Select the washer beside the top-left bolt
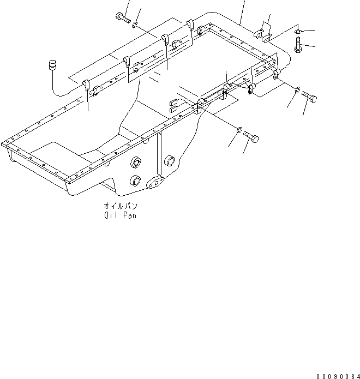tap(135, 24)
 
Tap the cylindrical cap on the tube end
tap(53, 65)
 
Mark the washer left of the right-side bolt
tap(296, 91)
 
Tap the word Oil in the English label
tap(111, 215)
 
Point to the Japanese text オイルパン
tap(121, 206)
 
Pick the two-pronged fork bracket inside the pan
tap(175, 105)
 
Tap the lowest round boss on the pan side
tap(134, 181)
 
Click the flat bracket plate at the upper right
tap(265, 32)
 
